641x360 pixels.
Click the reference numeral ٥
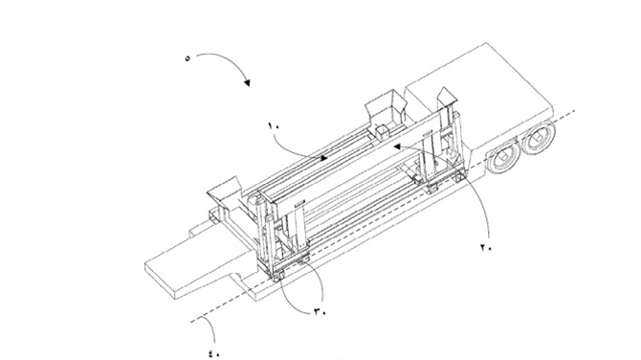188,58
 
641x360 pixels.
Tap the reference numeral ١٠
274,125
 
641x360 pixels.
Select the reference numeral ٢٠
486,247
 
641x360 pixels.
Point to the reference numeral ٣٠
320,312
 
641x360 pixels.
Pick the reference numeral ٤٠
215,353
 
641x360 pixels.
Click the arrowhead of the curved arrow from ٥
247,82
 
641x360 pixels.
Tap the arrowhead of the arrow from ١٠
323,158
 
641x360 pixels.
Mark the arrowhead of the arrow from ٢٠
397,146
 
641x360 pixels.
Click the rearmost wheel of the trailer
539,137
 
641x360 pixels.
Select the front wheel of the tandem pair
503,157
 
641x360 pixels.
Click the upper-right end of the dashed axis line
576,110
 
